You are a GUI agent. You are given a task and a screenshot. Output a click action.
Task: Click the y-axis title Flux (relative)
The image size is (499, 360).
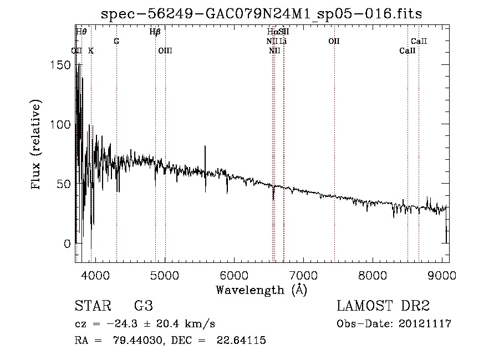(37, 145)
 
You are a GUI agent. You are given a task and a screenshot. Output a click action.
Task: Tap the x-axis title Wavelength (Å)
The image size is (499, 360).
(261, 290)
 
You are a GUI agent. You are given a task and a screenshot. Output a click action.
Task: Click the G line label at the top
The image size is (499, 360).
(116, 42)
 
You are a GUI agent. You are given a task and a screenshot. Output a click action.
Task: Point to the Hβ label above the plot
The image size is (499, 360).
(155, 32)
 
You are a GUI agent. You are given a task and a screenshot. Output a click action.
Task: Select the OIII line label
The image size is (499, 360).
(165, 51)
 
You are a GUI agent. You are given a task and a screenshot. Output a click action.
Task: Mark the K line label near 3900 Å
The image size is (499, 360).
(91, 51)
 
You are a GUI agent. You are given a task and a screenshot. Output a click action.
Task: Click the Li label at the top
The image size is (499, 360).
(283, 42)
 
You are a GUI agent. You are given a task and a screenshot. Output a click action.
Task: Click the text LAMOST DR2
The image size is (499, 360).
(383, 306)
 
